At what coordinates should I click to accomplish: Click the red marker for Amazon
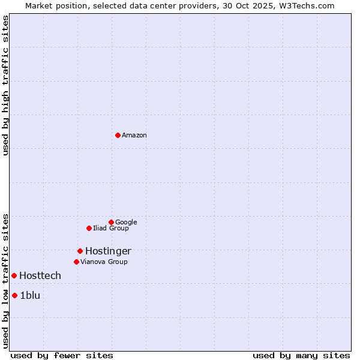pyautogui.click(x=118, y=135)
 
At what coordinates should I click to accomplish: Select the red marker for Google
pyautogui.click(x=111, y=222)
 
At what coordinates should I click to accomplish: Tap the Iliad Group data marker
pyautogui.click(x=89, y=228)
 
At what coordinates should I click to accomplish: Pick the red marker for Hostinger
pyautogui.click(x=80, y=251)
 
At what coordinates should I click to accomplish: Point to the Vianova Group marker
pyautogui.click(x=76, y=262)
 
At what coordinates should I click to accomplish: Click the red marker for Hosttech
pyautogui.click(x=14, y=275)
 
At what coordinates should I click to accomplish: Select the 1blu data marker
pyautogui.click(x=14, y=295)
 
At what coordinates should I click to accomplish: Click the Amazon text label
pyautogui.click(x=134, y=136)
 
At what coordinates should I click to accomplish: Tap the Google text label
pyautogui.click(x=126, y=223)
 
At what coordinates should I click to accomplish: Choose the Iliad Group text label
pyautogui.click(x=111, y=229)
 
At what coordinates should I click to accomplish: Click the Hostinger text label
pyautogui.click(x=108, y=251)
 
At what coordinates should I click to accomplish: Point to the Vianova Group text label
pyautogui.click(x=104, y=262)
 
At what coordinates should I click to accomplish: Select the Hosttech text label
pyautogui.click(x=40, y=276)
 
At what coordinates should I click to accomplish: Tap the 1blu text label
pyautogui.click(x=30, y=295)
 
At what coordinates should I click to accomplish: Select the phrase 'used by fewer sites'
pyautogui.click(x=62, y=355)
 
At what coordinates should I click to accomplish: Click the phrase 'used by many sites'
pyautogui.click(x=301, y=355)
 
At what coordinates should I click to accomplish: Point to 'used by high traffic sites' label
pyautogui.click(x=5, y=85)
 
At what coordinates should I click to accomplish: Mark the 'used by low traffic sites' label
pyautogui.click(x=5, y=280)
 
